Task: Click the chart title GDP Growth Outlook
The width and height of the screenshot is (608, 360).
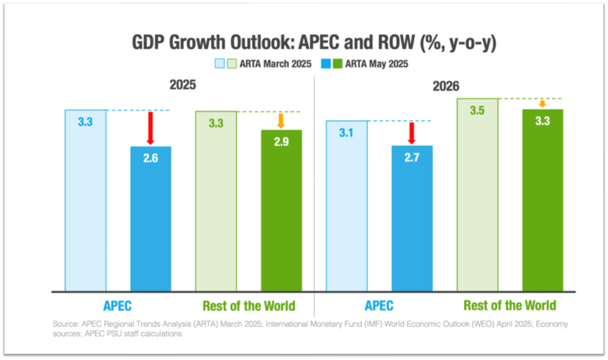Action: point(314,43)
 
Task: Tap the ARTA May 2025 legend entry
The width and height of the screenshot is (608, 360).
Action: point(364,64)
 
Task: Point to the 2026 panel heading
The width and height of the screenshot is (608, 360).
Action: point(445,86)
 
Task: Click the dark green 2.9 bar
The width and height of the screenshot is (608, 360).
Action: point(281,211)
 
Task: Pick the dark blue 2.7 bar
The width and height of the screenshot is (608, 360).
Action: point(412,218)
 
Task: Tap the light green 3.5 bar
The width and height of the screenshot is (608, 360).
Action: point(477,195)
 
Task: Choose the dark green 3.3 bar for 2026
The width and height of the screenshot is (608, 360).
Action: point(543,201)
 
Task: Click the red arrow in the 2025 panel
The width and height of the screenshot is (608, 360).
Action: point(150,128)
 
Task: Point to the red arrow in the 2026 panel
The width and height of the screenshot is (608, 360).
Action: point(412,133)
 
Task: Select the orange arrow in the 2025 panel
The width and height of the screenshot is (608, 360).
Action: point(281,121)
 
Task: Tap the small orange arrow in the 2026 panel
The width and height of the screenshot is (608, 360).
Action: point(542,104)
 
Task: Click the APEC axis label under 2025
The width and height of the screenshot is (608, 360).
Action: point(118,306)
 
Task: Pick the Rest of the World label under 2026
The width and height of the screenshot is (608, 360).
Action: point(510,306)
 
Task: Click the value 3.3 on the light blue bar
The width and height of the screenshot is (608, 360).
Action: point(85,122)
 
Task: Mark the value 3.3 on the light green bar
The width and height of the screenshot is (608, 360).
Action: point(216,123)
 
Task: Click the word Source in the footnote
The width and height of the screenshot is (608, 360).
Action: point(64,324)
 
